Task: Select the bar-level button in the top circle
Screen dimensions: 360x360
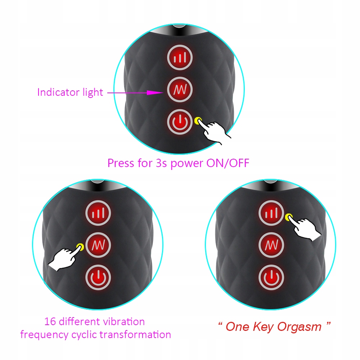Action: [x=180, y=57]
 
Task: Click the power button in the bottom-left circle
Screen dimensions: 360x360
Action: [x=98, y=277]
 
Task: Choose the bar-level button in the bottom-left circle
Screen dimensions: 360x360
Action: [x=98, y=213]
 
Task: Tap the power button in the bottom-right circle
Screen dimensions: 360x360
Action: [x=271, y=277]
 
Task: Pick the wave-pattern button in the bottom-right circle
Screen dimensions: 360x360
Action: [x=271, y=245]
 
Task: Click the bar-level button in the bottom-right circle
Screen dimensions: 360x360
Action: [x=271, y=213]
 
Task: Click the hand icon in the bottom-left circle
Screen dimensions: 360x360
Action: [x=64, y=258]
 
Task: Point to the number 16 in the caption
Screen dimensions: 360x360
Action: [x=49, y=321]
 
